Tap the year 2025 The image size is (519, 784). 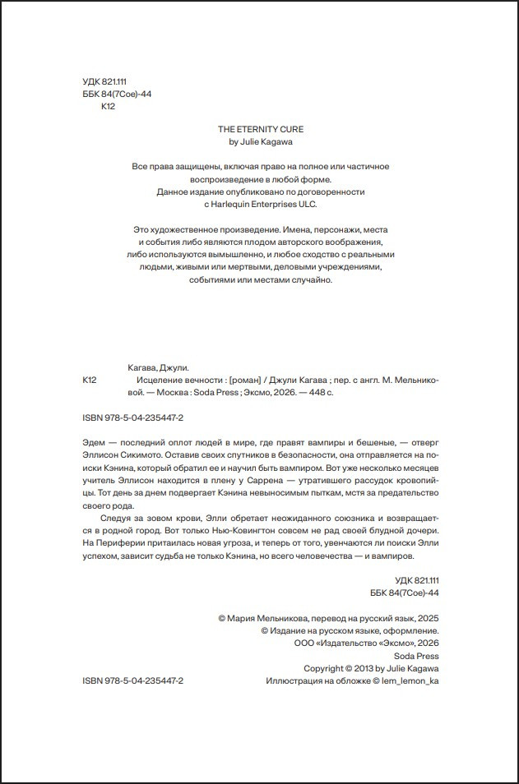pyautogui.click(x=428, y=618)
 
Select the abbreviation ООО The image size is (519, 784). pyautogui.click(x=304, y=643)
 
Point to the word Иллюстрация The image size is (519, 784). pyautogui.click(x=293, y=681)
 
